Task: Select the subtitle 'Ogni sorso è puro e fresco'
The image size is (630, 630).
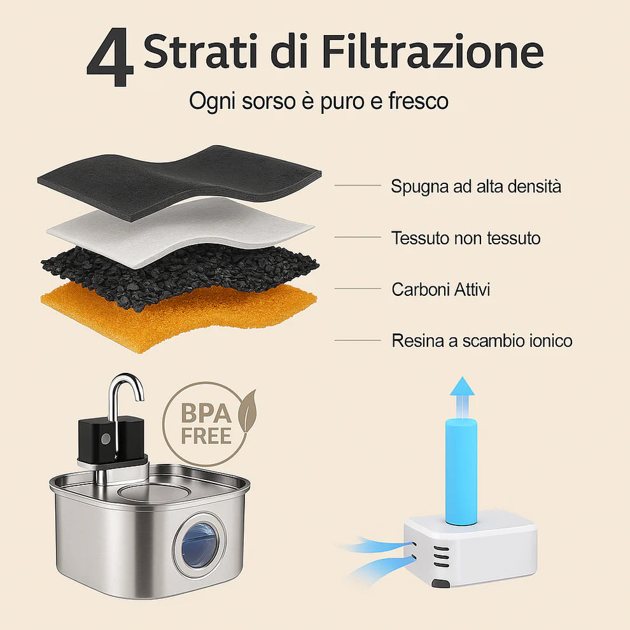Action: point(318,101)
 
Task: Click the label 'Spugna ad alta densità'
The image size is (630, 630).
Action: point(476,186)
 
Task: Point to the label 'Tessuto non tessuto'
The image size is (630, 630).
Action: point(466,238)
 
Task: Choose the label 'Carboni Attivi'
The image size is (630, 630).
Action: point(440,290)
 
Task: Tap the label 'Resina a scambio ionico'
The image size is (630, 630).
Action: point(482,340)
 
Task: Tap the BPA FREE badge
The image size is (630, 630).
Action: point(205,423)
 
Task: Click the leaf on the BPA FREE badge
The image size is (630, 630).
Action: point(246,410)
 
